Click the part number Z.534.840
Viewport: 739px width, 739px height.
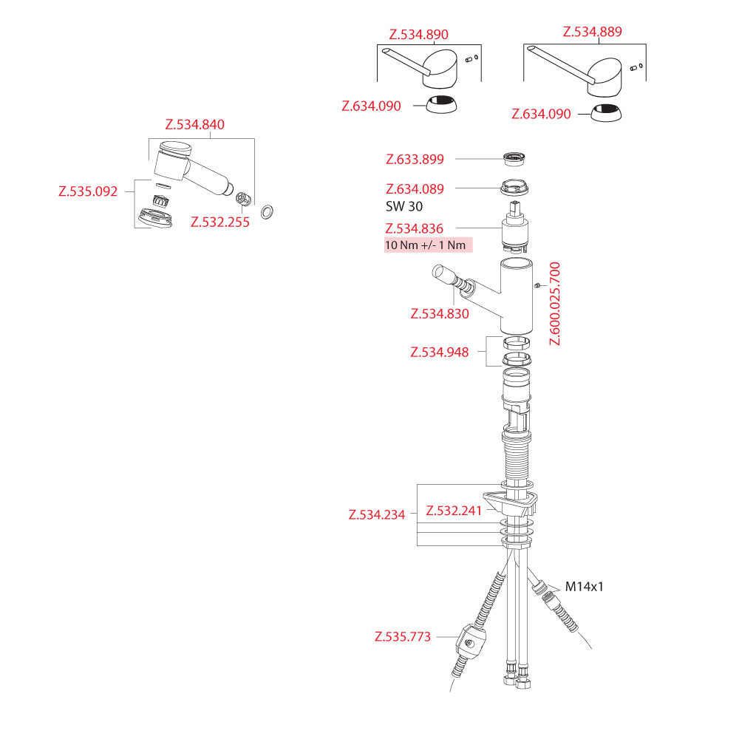194,124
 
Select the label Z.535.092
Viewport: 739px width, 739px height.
88,191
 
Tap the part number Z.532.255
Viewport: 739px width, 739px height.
219,221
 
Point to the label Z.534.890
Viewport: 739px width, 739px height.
418,35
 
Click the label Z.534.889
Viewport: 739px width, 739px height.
592,32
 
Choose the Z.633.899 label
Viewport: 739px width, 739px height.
415,159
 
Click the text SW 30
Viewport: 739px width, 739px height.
404,207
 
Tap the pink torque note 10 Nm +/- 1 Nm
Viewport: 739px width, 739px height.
428,245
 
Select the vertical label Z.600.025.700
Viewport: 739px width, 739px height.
555,304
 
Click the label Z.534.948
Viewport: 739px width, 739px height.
439,353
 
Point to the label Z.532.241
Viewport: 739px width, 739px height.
453,511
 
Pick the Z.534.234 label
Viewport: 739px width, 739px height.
377,515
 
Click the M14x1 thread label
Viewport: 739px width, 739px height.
585,587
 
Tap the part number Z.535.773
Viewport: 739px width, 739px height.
402,636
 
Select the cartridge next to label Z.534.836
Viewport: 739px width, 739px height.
517,231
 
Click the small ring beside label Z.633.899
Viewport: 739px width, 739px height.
514,158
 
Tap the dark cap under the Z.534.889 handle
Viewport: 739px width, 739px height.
607,114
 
